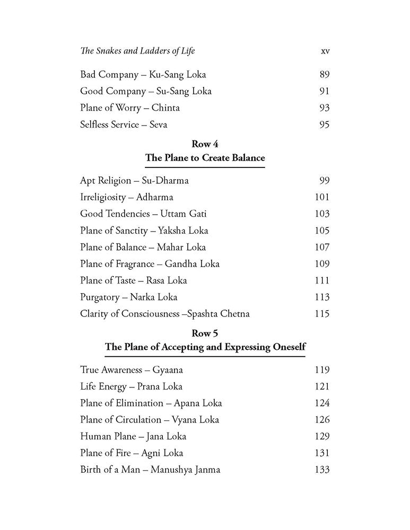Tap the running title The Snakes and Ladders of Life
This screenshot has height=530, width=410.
pos(137,51)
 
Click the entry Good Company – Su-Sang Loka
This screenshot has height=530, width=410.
pos(145,91)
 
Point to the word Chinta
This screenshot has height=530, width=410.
pos(165,108)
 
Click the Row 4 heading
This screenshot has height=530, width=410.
pos(205,145)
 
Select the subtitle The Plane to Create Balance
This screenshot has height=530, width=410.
pos(205,158)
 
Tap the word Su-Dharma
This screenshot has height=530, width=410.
pos(165,181)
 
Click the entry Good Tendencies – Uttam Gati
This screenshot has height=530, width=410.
pos(143,214)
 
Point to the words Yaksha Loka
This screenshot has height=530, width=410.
pos(186,230)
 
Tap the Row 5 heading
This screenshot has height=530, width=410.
pos(205,333)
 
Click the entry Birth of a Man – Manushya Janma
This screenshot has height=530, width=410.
pos(150,469)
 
